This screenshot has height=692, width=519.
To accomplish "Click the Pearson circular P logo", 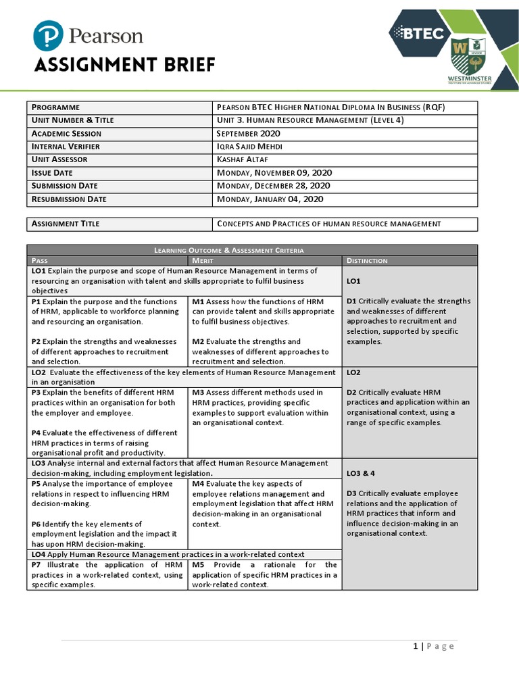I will click(x=49, y=35).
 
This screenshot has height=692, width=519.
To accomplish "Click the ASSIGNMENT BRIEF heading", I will click(x=124, y=65).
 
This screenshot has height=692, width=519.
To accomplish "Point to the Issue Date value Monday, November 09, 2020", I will click(x=274, y=173).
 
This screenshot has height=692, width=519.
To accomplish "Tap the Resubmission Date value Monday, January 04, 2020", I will click(x=270, y=199).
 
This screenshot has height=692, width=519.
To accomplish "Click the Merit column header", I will click(x=203, y=260).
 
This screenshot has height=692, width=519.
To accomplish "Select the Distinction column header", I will click(x=367, y=260).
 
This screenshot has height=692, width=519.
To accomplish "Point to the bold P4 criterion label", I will click(x=36, y=433).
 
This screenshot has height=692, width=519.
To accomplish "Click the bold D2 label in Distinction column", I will click(x=351, y=393).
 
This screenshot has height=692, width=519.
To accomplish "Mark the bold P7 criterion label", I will click(x=36, y=565).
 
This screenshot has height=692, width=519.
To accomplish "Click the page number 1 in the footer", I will click(x=416, y=646).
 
